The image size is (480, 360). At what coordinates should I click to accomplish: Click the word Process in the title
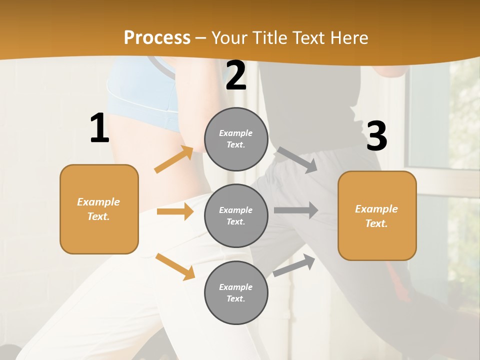tap(157, 38)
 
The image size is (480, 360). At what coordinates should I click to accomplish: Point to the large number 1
tap(99, 128)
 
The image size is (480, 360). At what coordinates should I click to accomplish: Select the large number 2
tap(236, 75)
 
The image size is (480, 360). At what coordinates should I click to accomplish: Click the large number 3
tap(376, 136)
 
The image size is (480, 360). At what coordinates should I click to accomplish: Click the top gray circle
tap(236, 139)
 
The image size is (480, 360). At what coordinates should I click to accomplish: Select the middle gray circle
tap(236, 215)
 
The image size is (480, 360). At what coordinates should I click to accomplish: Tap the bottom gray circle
tap(236, 293)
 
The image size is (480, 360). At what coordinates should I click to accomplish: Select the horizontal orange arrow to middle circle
tap(175, 211)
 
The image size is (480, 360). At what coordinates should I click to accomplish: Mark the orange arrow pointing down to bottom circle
tap(175, 266)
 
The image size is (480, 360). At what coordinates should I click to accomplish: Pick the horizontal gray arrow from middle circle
tap(296, 210)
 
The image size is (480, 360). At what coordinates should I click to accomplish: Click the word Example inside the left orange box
tap(98, 202)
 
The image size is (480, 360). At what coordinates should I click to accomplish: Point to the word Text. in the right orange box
tap(376, 223)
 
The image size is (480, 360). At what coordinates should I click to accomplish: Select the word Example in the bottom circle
tap(235, 287)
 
